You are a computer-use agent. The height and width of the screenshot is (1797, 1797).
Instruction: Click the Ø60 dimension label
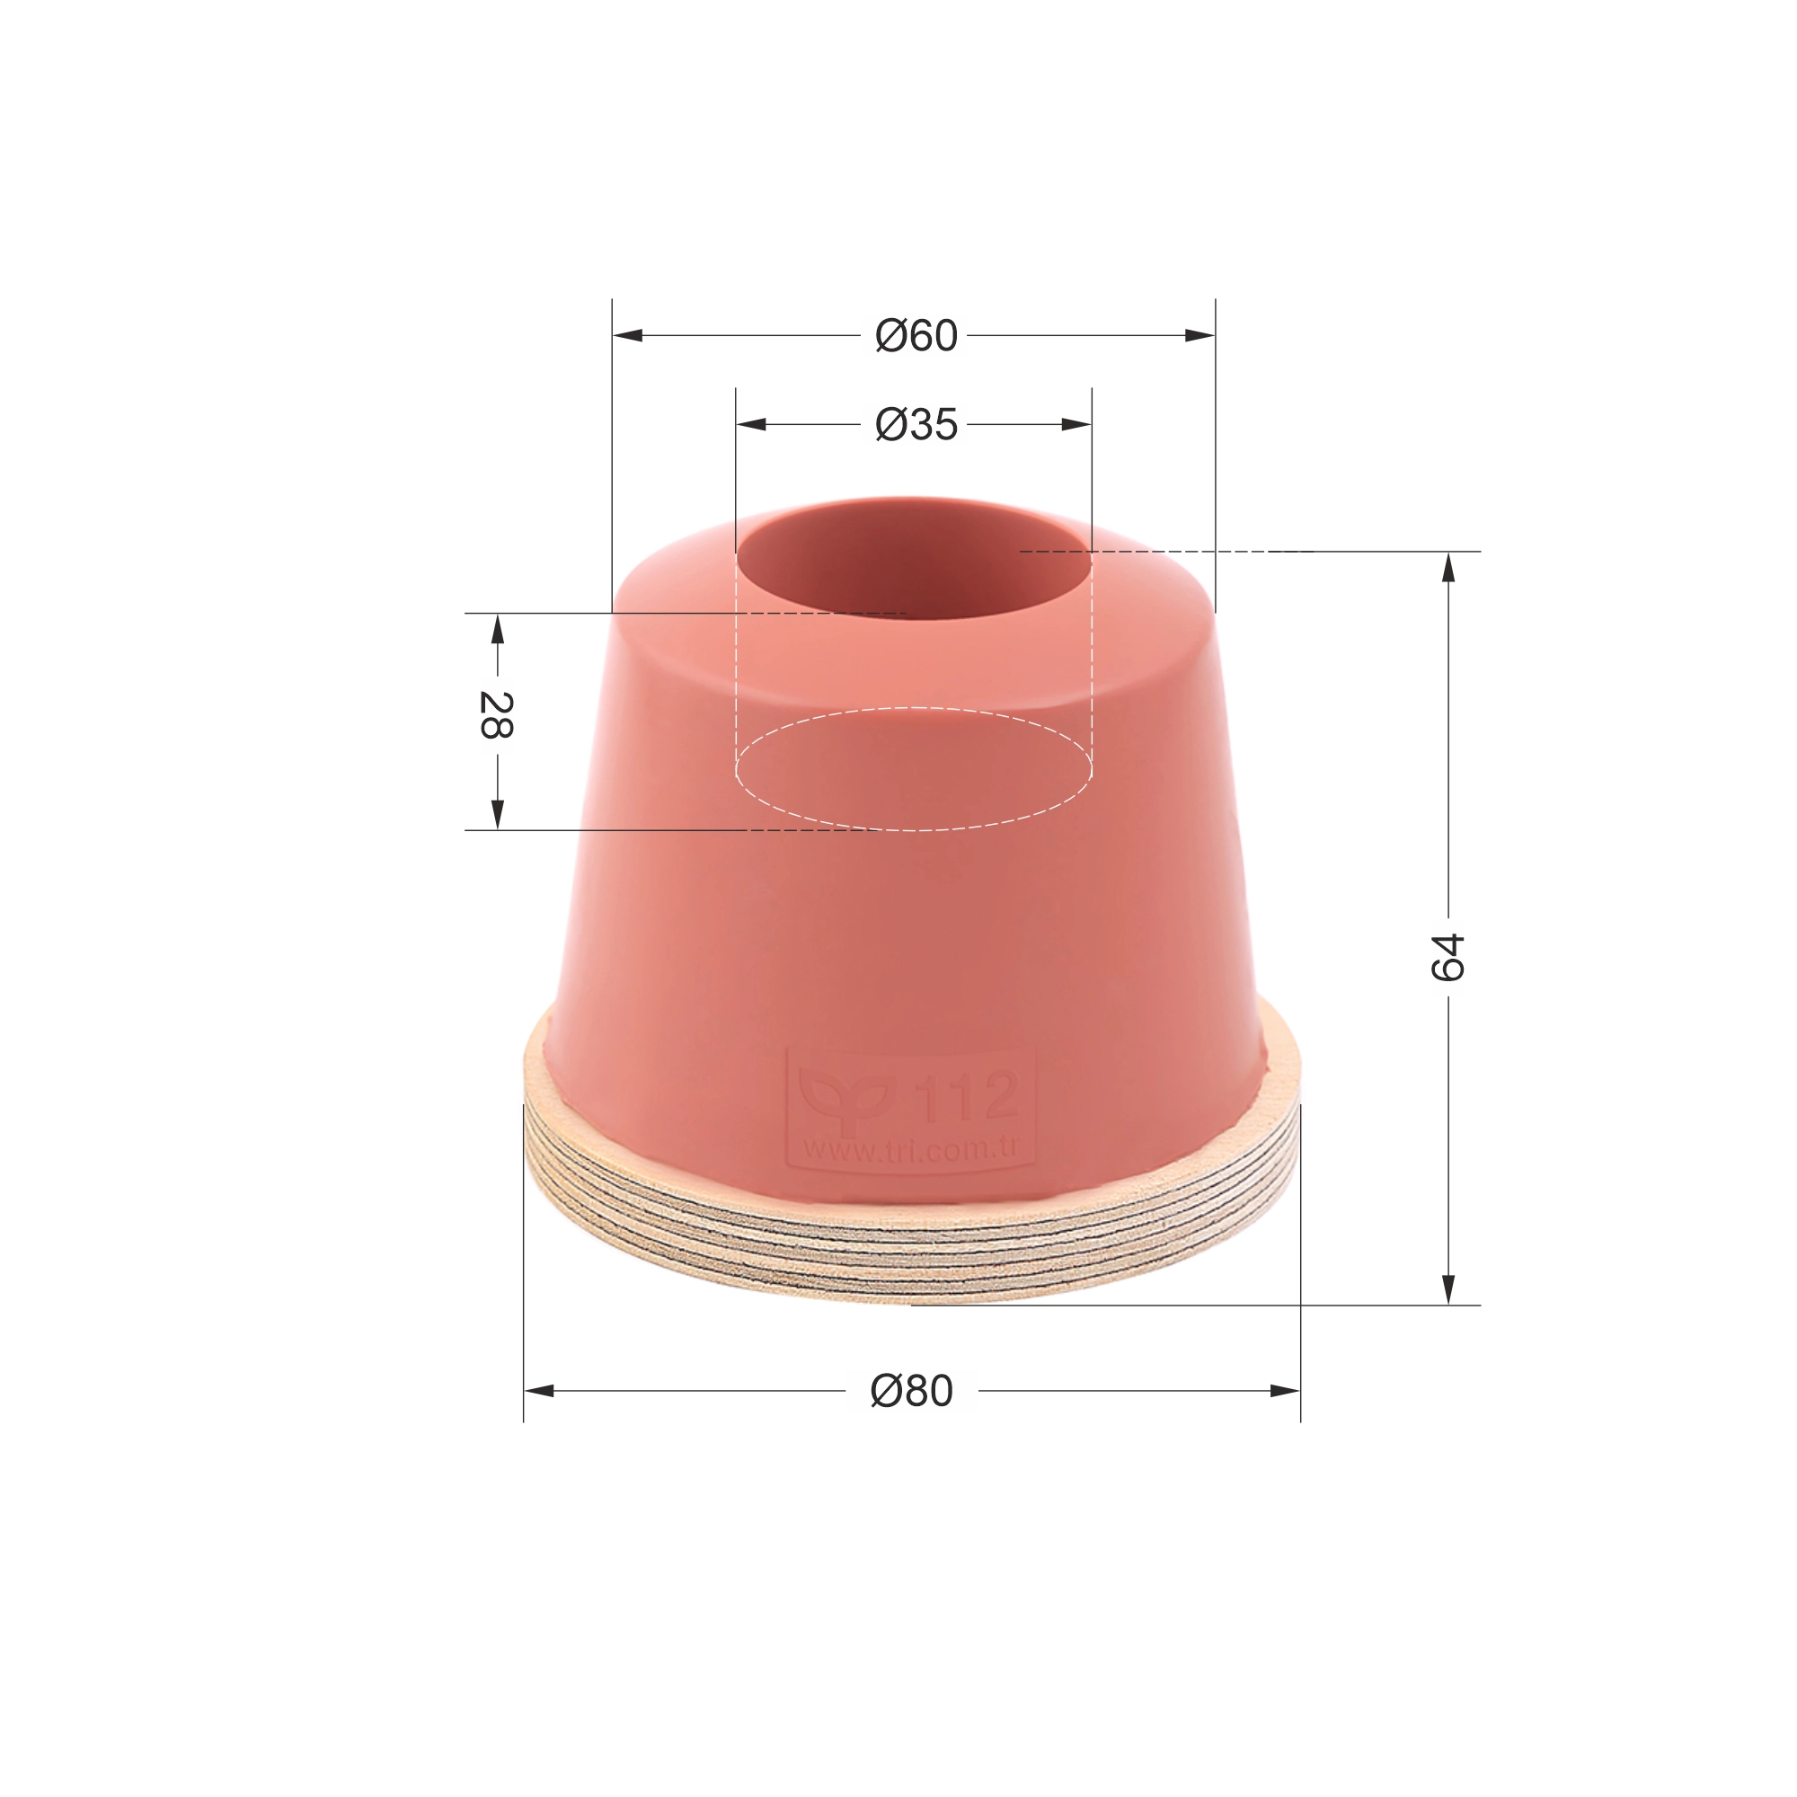coord(916,336)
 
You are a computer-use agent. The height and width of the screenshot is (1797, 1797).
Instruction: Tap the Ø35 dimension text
coord(916,425)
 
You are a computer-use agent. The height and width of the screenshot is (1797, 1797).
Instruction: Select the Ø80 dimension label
coord(911,1392)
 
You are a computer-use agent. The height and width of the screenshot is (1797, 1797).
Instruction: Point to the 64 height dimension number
coord(1447,957)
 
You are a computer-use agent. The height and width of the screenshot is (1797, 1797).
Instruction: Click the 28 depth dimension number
coord(496,714)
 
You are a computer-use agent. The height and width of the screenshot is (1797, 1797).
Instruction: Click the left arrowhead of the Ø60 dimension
coord(628,335)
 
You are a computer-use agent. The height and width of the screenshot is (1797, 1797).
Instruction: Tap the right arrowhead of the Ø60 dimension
coord(1199,335)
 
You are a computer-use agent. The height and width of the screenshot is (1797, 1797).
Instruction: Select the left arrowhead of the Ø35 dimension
coord(751,424)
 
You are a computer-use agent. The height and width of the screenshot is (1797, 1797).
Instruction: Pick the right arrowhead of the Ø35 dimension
coord(1076,424)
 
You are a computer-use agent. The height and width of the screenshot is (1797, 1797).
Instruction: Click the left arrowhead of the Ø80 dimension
coord(539,1391)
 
